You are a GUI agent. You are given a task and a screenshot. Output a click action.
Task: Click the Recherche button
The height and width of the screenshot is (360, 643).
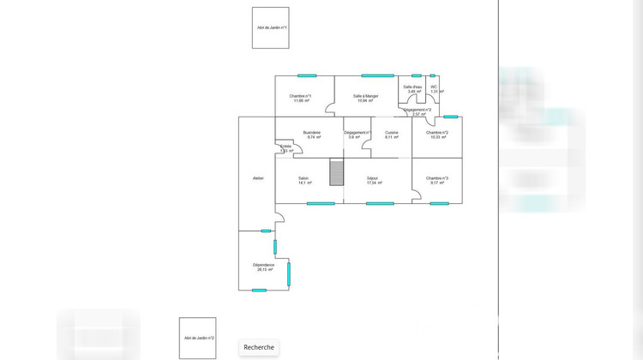[x=259, y=347]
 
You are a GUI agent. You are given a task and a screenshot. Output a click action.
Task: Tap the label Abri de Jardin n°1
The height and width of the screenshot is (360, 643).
[x=271, y=28]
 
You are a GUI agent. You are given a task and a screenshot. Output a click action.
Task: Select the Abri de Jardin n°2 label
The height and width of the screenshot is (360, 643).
[x=197, y=339]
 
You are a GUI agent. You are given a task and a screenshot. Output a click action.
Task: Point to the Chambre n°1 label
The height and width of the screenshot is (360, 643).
[x=300, y=96]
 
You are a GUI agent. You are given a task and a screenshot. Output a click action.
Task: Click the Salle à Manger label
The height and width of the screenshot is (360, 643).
[x=366, y=96]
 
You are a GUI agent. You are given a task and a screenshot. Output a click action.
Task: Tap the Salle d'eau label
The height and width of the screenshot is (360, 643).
[x=412, y=87]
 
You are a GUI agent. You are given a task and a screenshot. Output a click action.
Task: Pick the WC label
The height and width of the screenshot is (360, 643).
[x=434, y=87]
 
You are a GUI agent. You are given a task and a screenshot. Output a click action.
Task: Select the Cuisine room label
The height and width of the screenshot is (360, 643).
[x=391, y=132]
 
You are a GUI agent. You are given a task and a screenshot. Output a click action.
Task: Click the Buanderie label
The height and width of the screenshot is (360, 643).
[x=312, y=132]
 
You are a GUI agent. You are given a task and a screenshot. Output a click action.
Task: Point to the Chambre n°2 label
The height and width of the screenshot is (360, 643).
[x=437, y=132]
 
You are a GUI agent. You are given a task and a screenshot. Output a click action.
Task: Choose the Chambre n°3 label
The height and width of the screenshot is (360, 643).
[x=437, y=178]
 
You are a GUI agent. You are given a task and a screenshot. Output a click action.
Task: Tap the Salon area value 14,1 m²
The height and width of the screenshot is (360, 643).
[x=304, y=183]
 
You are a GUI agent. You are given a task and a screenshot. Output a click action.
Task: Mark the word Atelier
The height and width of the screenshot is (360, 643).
[x=258, y=178]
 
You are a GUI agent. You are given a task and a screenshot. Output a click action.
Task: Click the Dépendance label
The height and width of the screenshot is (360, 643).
[x=263, y=265]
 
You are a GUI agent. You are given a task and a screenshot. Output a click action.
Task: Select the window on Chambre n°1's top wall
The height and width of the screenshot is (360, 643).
[x=307, y=75]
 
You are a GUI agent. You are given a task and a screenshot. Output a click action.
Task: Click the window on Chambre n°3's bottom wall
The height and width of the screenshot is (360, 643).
[x=439, y=203]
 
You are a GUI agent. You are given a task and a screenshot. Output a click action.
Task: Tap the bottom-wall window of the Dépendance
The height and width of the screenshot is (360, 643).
[x=259, y=290]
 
